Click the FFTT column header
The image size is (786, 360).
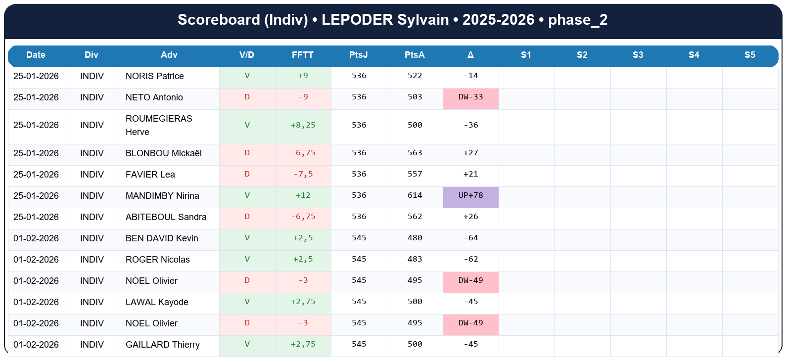coord(302,55)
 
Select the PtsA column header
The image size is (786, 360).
coord(415,55)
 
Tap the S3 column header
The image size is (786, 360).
coord(638,55)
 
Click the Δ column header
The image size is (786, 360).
coord(470,55)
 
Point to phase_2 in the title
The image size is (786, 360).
coord(577,20)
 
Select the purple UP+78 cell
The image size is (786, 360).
coord(470,195)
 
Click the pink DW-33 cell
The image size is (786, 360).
coord(470,97)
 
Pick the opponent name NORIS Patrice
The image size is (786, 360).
coord(154,76)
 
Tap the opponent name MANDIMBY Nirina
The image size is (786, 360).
coord(162,196)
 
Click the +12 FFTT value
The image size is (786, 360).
coord(303,195)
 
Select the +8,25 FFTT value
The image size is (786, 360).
coord(303,125)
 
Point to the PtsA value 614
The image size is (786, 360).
coord(415,195)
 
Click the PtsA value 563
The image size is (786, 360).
coord(415,153)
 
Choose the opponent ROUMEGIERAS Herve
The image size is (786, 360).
coord(158,125)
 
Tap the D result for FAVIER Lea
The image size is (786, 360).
coord(247,174)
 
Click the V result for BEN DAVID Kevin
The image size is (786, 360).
coord(247,238)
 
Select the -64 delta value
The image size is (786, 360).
coord(470,238)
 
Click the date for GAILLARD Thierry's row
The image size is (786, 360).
coord(36,345)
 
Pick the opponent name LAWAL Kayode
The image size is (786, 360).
coord(157,302)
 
